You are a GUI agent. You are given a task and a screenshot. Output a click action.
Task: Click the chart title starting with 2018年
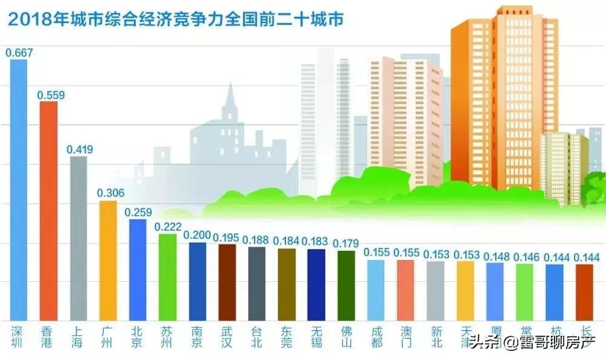[x=176, y=21]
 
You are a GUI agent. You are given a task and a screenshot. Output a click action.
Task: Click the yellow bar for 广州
[x=108, y=261]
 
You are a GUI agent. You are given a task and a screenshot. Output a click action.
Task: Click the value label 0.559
[x=51, y=95]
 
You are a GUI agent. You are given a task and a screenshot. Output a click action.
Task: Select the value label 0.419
[x=79, y=148]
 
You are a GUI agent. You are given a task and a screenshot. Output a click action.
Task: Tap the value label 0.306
[x=110, y=193]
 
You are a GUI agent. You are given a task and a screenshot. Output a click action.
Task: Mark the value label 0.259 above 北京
[x=138, y=212]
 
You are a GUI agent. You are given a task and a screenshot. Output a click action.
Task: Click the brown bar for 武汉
[x=227, y=282]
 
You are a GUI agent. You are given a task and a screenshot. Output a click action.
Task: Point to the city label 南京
[x=197, y=338]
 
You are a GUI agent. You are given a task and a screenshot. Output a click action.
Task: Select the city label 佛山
[x=345, y=338]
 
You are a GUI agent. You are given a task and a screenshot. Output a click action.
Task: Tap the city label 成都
[x=375, y=338]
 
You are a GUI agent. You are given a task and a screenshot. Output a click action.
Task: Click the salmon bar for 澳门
[x=405, y=290]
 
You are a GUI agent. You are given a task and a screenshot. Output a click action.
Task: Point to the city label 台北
[x=256, y=338]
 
